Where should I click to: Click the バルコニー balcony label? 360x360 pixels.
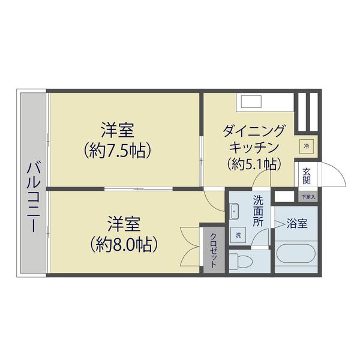pos(32,197)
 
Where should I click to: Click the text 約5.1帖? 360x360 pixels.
pos(252,163)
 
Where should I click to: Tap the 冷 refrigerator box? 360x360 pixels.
pos(306,146)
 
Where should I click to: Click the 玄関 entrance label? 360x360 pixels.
pos(306,176)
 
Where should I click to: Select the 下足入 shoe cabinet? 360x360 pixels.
pos(308,196)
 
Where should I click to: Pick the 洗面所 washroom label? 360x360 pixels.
pos(258,210)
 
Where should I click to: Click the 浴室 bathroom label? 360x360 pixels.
pos(297,224)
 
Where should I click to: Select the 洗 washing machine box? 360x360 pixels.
pos(238,235)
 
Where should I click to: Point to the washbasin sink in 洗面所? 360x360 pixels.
pos(235,211)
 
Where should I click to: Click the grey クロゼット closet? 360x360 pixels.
pos(213,249)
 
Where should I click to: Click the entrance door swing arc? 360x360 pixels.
pos(333,177)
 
